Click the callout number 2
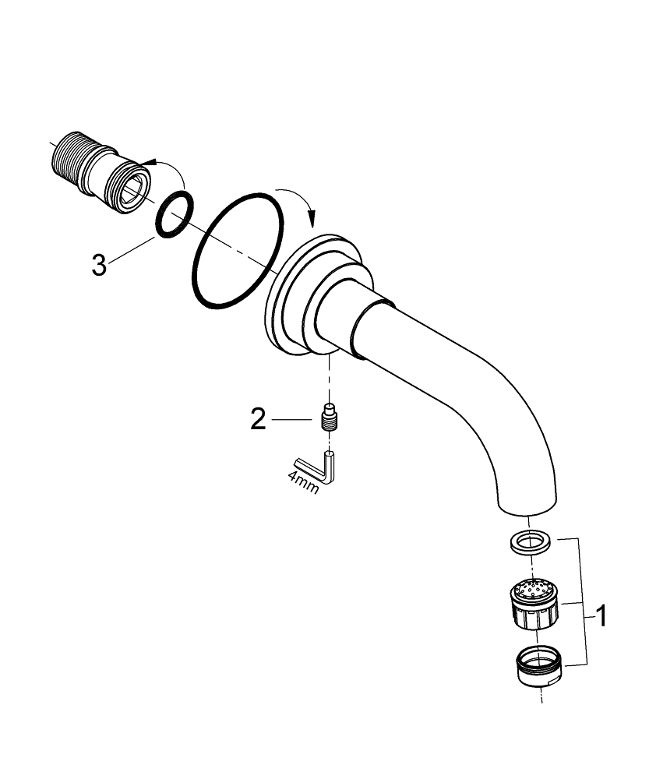[x=258, y=420]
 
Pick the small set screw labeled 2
[x=331, y=418]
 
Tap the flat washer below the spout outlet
[x=532, y=540]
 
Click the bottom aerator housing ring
[x=538, y=666]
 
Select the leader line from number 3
[x=133, y=249]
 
